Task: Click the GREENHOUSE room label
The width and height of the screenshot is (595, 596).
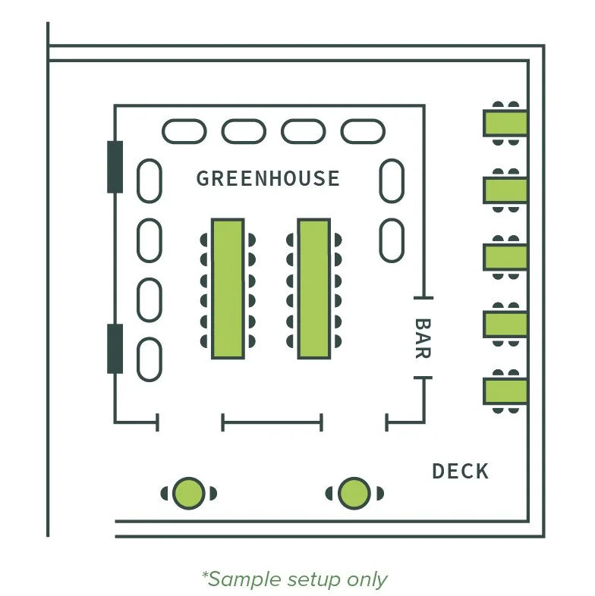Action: tap(268, 179)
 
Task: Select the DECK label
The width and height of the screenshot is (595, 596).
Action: tap(460, 471)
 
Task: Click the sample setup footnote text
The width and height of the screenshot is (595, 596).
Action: tap(294, 579)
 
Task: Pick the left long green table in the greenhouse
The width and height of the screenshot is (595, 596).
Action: tap(228, 288)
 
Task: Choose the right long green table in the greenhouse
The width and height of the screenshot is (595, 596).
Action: tap(313, 288)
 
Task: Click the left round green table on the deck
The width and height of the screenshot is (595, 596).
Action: tap(189, 493)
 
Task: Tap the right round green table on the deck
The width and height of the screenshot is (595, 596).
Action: tap(354, 493)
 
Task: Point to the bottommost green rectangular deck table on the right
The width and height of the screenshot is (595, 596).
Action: tap(505, 391)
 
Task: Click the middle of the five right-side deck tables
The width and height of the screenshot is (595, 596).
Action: tap(505, 256)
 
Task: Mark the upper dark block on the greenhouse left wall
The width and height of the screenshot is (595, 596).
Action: tap(115, 166)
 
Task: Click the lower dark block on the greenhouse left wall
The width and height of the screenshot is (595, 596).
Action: tap(115, 348)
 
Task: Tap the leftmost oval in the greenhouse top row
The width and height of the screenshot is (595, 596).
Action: tap(184, 131)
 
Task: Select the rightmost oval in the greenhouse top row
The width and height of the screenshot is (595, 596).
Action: tap(363, 131)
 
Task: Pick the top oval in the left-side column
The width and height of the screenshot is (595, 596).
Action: tap(149, 180)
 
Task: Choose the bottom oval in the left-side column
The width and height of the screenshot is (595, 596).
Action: tap(149, 360)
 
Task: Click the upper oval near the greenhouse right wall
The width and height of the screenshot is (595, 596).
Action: tap(392, 180)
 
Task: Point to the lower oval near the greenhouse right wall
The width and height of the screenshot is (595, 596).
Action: tap(392, 240)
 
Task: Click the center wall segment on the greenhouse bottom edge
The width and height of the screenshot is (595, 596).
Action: tap(272, 422)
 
